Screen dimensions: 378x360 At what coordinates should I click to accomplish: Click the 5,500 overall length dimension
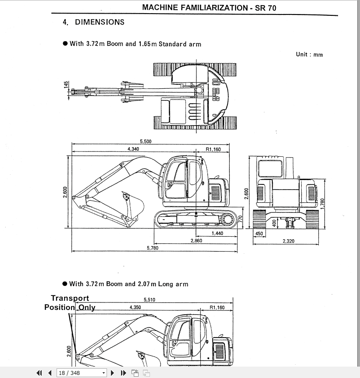pos(146,141)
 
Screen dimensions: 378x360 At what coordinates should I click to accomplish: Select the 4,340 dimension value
pos(133,149)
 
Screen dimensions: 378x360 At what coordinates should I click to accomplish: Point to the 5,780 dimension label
pos(152,248)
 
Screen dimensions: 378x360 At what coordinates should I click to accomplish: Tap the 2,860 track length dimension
pos(196,241)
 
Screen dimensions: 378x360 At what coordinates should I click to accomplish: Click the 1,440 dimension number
pos(217,233)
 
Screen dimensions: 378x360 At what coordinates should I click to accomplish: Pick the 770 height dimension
pos(240,218)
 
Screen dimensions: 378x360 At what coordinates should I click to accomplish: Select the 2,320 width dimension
pos(288,241)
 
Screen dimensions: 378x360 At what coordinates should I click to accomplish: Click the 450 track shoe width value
pos(259,234)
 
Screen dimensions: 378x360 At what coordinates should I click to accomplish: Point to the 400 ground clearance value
pos(274,223)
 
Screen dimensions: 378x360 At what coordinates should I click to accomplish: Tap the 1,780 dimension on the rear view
pos(322,204)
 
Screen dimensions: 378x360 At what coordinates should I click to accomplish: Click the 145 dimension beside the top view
pos(66,85)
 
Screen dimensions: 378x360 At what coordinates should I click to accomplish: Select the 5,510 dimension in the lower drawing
pos(150,300)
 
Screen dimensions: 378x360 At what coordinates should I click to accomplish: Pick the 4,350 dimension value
pos(135,307)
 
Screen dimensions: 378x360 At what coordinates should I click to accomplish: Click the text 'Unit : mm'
pos(309,54)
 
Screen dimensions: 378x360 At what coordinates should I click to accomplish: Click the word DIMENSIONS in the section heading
pos(100,22)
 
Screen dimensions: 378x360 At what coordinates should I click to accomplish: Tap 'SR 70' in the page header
pos(266,7)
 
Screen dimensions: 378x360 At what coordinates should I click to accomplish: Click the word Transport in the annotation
pos(70,299)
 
